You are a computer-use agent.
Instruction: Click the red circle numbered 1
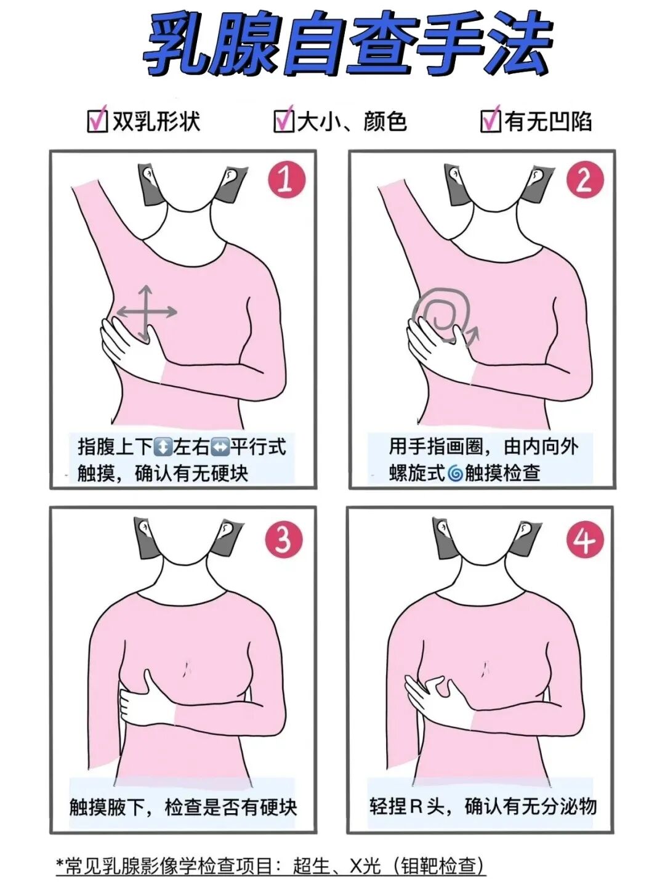[286, 179]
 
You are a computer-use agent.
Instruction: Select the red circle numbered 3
[284, 540]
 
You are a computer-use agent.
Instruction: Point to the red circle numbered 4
[585, 540]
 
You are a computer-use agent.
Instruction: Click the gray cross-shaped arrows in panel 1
[146, 312]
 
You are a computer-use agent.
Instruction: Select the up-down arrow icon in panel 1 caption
[163, 448]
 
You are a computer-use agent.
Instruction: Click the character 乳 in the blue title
[178, 44]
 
